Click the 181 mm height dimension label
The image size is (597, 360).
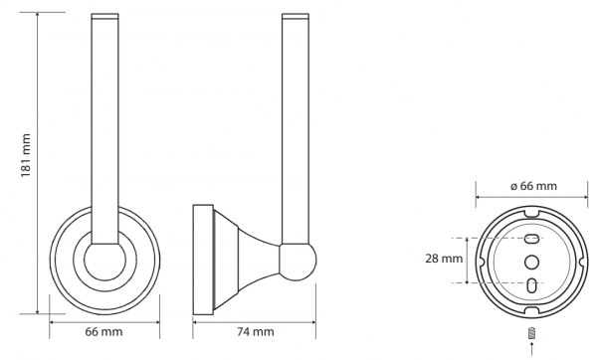click(26, 155)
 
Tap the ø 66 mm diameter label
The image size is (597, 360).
click(533, 186)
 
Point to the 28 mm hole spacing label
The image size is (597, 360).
click(444, 259)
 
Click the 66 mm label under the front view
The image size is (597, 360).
click(103, 331)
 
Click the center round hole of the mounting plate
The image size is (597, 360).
click(532, 262)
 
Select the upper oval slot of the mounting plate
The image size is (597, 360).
click(532, 240)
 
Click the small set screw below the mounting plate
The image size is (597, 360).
click(532, 333)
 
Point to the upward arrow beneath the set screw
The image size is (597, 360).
click(532, 349)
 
